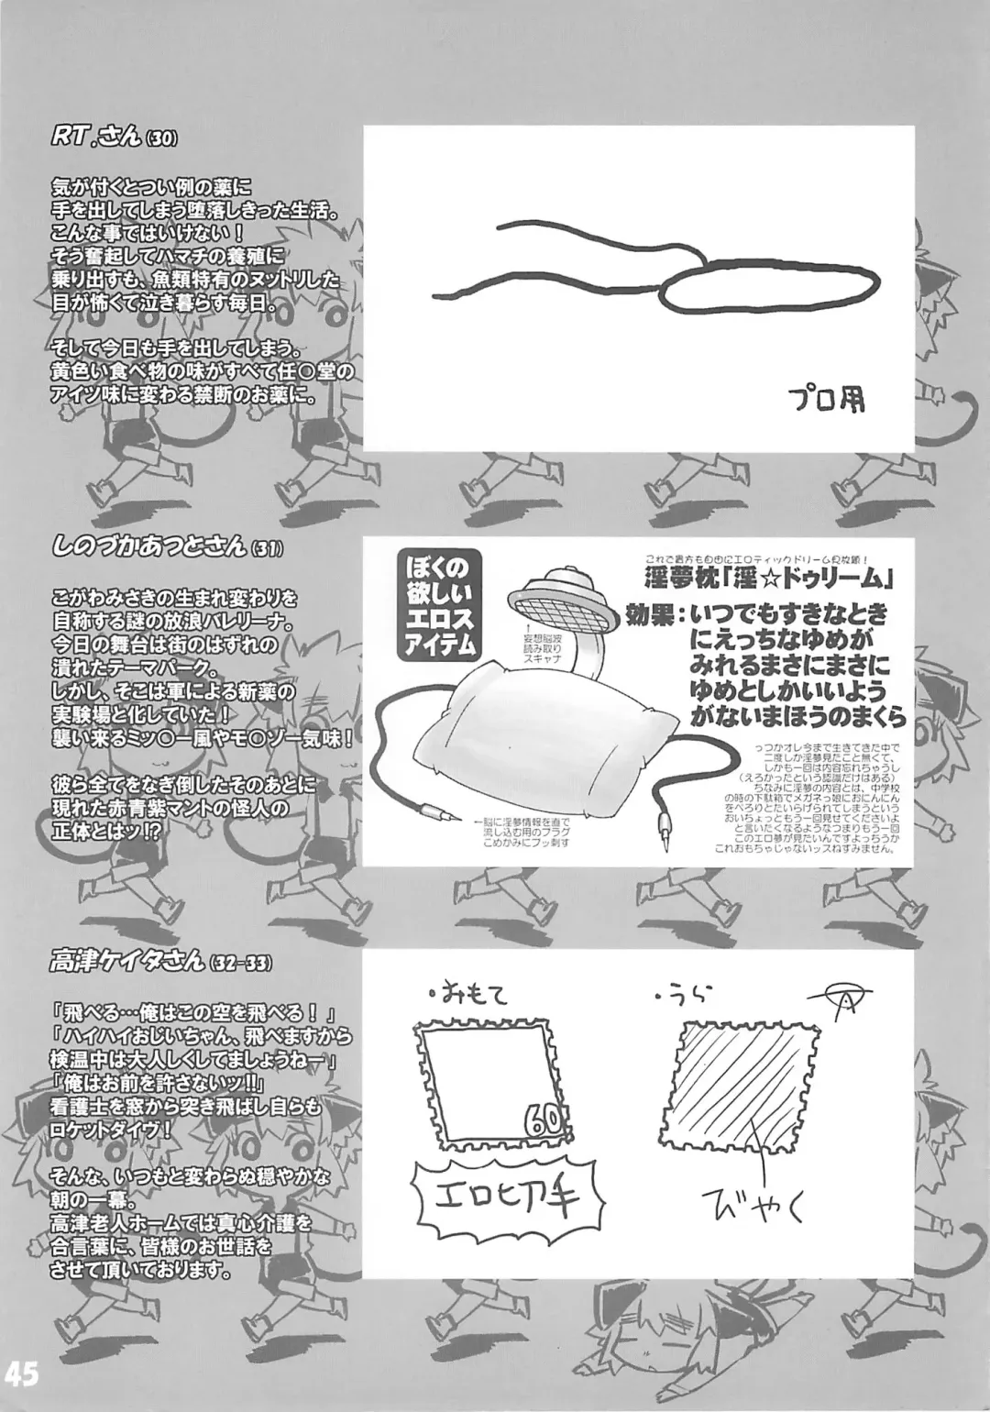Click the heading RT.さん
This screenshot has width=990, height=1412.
(x=93, y=138)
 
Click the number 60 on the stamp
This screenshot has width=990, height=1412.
(x=542, y=1118)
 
